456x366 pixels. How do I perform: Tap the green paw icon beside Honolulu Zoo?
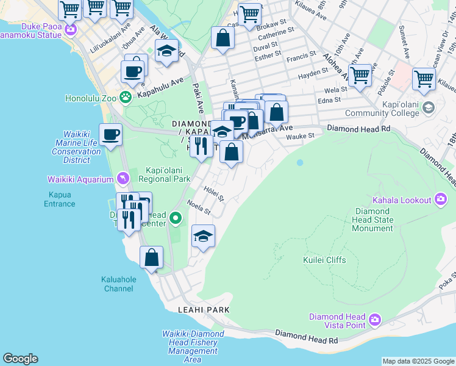point(126,97)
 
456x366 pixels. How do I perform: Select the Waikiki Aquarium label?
point(80,179)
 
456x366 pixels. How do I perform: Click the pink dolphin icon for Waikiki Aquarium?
point(124,179)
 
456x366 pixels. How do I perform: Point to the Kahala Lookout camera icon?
point(441,199)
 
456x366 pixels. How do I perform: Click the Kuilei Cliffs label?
point(324,260)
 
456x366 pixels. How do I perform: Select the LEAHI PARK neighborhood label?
point(204,310)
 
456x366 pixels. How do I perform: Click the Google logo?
point(20,359)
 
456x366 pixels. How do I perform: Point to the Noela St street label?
point(198,208)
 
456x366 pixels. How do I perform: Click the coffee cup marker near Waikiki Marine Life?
point(110,134)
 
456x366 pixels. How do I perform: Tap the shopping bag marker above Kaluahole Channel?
point(151,257)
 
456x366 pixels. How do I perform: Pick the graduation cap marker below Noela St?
point(203,236)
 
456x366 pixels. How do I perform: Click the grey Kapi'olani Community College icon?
point(429,108)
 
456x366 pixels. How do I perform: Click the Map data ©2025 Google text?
point(418,361)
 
